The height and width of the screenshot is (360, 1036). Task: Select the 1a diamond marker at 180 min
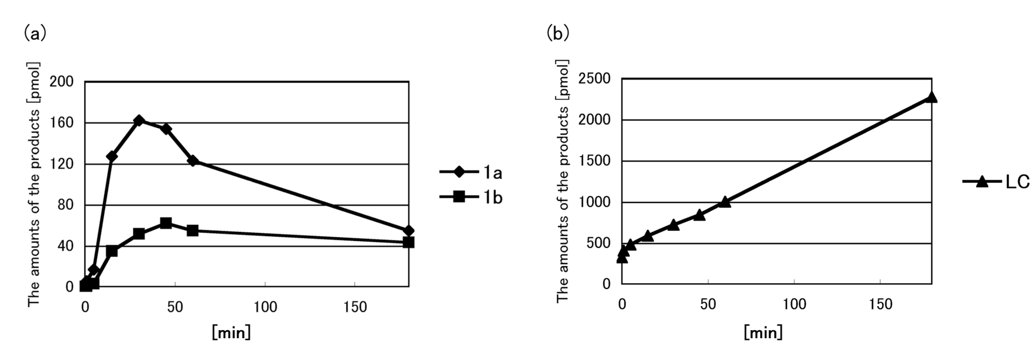[x=408, y=230]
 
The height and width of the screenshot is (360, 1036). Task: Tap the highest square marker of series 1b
[x=166, y=223]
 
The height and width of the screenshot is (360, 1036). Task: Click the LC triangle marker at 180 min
[x=931, y=97]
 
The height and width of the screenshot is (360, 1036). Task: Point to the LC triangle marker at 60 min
[x=725, y=202]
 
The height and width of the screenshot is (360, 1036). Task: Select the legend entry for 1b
[x=471, y=197]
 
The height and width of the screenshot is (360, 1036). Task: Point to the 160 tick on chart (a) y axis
[x=62, y=123]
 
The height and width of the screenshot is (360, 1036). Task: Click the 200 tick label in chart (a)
[x=62, y=82]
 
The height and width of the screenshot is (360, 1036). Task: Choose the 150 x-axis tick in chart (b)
[x=880, y=304]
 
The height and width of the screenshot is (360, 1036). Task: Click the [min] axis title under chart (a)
[x=231, y=332]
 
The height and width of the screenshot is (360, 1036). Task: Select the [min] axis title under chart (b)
[x=763, y=332]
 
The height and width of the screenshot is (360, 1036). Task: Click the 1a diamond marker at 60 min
[x=193, y=160]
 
